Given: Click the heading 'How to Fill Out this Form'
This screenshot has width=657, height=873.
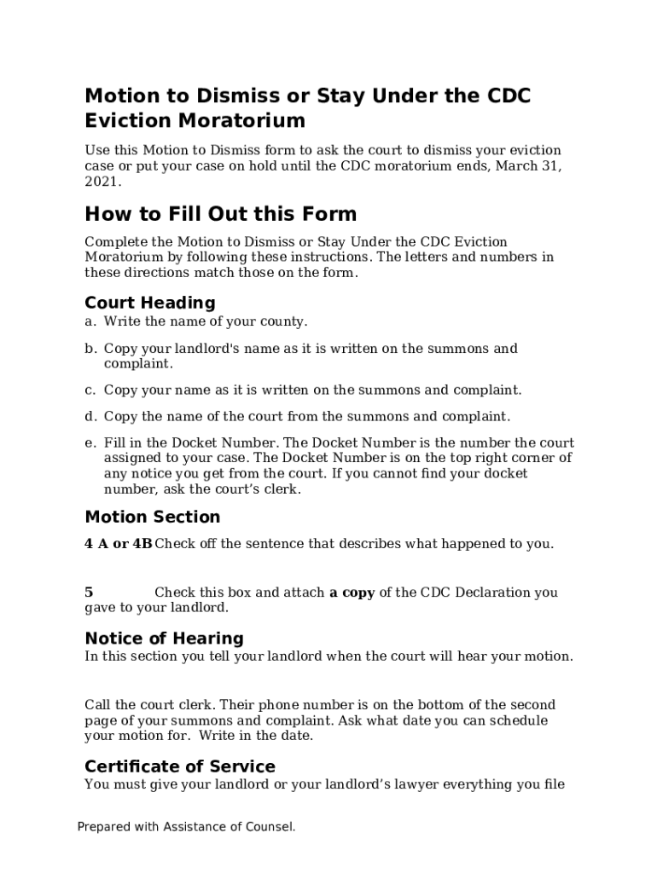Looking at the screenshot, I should [220, 214].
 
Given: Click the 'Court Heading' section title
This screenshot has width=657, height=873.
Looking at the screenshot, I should [149, 303].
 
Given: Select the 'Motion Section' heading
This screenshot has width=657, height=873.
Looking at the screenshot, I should [152, 517].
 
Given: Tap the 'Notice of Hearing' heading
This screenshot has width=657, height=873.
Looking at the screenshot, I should [164, 639].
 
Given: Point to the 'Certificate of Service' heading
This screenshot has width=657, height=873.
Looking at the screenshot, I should [179, 766].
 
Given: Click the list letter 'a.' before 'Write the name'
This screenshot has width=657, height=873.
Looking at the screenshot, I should [90, 321].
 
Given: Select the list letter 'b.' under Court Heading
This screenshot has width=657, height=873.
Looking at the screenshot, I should [90, 349].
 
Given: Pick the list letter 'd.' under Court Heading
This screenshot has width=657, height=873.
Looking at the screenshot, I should [90, 416].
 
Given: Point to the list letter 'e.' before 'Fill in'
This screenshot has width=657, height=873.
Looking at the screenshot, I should [90, 443].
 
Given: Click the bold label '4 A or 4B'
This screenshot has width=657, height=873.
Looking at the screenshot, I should [118, 543].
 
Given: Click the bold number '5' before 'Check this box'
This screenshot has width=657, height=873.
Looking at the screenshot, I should [89, 593].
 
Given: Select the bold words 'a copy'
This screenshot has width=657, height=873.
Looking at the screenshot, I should [352, 593].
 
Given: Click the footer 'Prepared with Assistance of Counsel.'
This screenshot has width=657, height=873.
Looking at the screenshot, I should [186, 826].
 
